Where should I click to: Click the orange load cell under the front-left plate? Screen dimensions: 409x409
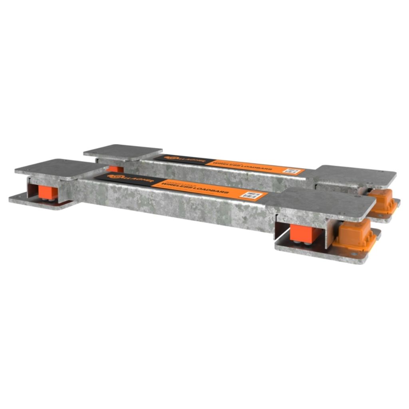coord(48,193)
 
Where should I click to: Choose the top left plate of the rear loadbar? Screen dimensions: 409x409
coord(123,152)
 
